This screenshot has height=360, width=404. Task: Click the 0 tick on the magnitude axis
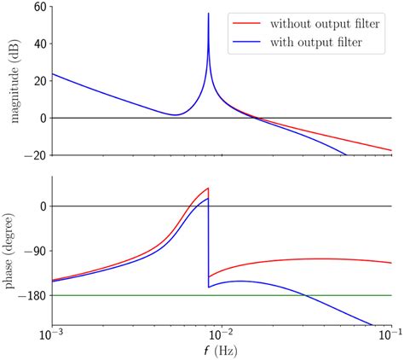point(39,118)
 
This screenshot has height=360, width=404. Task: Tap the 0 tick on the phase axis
point(39,206)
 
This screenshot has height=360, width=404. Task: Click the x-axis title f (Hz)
point(222,351)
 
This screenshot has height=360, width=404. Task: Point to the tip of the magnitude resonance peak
point(208,14)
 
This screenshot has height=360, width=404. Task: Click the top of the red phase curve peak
point(207,189)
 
